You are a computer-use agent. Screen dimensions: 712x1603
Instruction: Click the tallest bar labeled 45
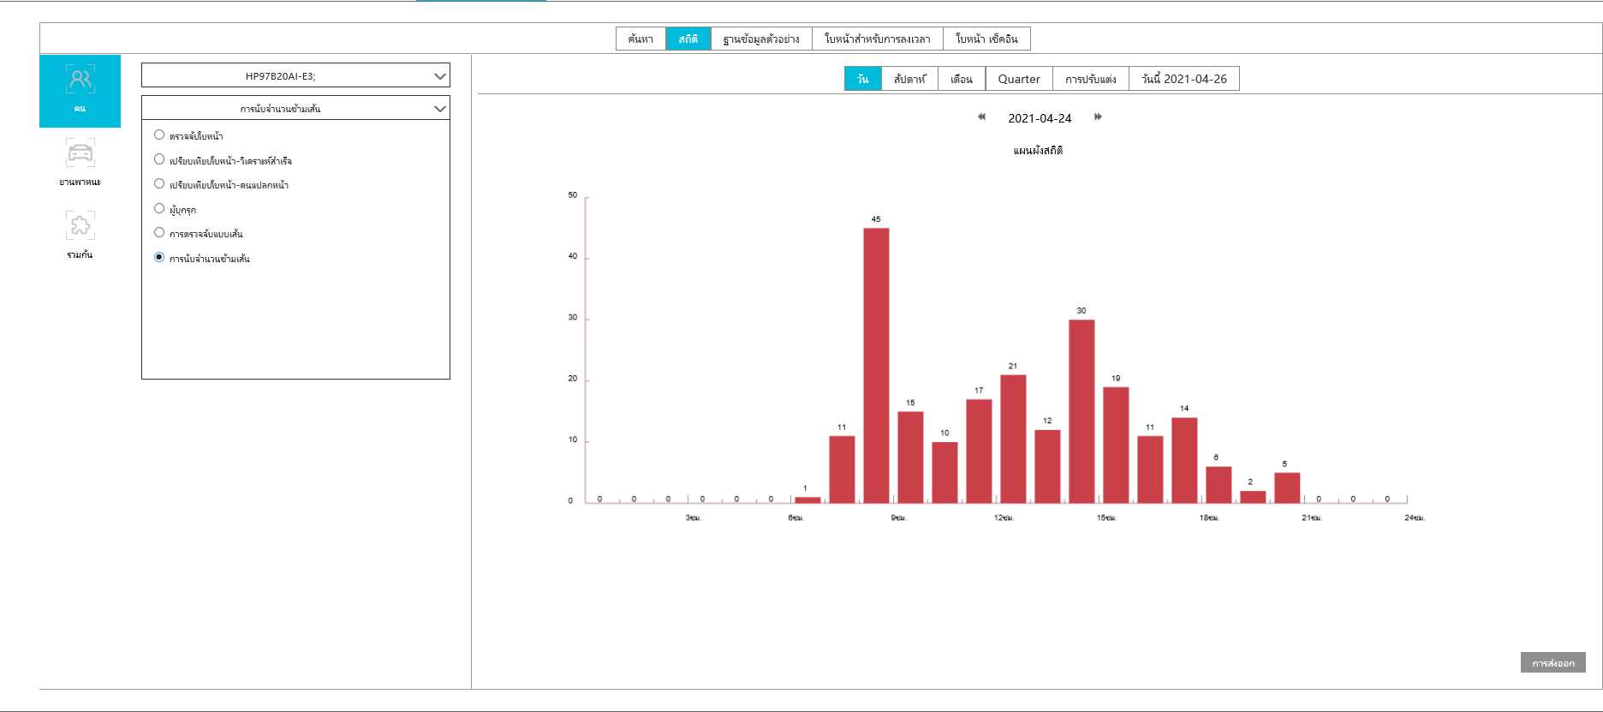pos(876,365)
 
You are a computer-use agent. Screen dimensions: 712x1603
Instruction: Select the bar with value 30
pos(1082,411)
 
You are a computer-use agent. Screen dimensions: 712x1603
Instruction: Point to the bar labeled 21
pos(1013,439)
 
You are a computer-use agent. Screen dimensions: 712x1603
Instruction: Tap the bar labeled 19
pos(1116,445)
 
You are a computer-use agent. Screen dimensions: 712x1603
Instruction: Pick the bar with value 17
pos(979,451)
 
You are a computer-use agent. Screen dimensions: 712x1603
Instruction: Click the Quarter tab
pos(1019,79)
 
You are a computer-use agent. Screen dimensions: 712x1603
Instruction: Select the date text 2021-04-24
pos(1040,118)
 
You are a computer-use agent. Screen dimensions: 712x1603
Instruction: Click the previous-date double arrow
pos(981,117)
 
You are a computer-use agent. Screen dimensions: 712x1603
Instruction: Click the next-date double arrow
pos(1098,117)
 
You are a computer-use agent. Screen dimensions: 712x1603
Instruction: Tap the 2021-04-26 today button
pos(1184,79)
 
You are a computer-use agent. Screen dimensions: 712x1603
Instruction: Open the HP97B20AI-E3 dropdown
pos(295,76)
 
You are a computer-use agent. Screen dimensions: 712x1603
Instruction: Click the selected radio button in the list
pos(159,257)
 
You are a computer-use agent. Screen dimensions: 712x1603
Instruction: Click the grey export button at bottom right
pos(1552,662)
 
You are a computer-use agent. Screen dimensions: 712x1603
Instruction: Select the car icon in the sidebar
pos(80,153)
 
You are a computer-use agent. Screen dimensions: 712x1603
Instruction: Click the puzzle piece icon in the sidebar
pos(80,225)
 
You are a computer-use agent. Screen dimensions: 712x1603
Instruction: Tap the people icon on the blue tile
pos(80,81)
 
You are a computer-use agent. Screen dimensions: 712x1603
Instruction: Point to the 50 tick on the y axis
pos(573,195)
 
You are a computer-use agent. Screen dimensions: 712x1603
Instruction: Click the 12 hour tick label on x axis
pos(1004,518)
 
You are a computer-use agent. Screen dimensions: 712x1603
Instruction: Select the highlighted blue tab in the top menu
pos(688,39)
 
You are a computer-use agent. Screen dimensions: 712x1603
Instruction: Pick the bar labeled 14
pos(1184,460)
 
